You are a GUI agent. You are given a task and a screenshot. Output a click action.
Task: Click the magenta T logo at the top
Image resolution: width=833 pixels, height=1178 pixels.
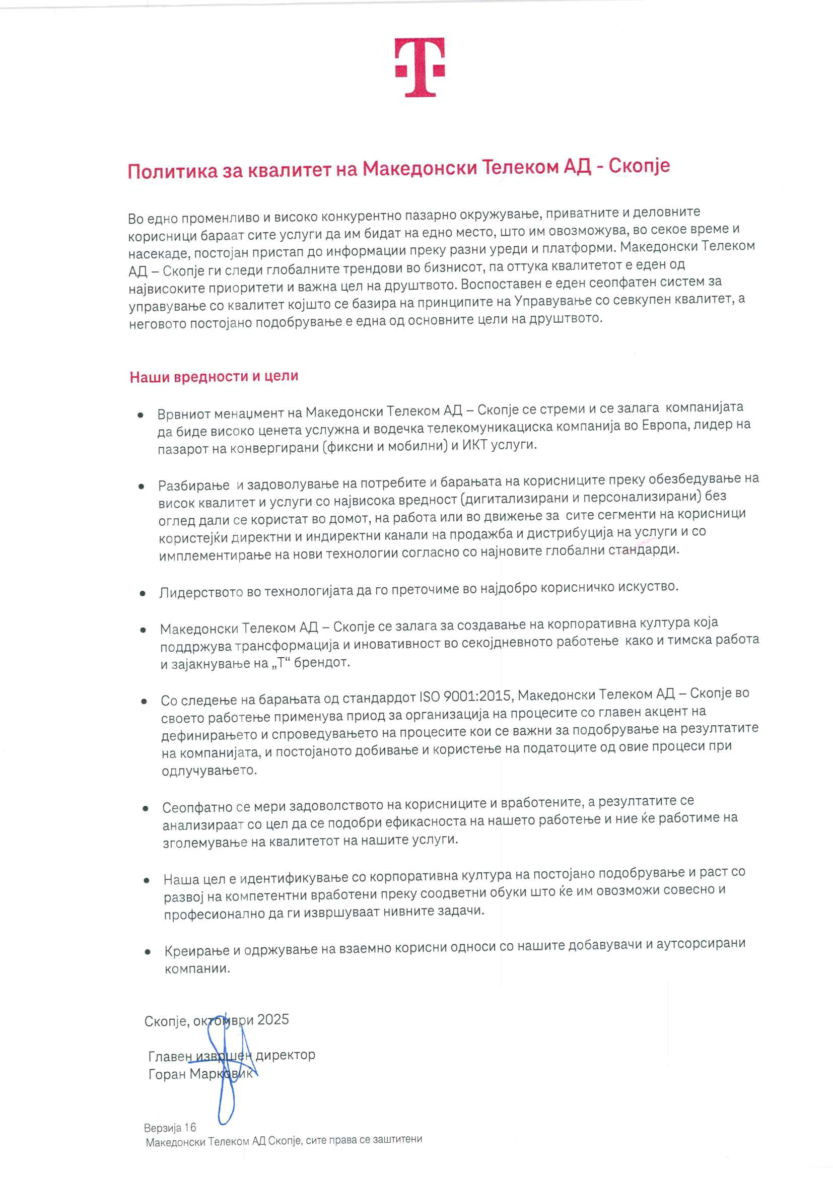419,66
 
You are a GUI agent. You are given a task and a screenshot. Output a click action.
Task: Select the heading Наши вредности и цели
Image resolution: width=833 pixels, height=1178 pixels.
214,377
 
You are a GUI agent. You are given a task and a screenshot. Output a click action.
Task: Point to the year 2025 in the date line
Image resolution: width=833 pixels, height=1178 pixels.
273,1019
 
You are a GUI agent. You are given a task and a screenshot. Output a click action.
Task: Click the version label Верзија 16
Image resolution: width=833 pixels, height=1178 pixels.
170,1127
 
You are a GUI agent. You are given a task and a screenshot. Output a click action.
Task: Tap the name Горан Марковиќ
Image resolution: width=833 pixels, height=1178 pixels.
200,1074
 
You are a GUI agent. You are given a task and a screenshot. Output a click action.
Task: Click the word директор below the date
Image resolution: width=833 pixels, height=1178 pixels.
285,1055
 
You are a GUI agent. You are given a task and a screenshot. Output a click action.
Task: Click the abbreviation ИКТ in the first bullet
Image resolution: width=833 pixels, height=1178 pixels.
475,445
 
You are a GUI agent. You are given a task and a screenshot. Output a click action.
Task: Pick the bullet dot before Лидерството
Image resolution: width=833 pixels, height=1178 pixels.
143,594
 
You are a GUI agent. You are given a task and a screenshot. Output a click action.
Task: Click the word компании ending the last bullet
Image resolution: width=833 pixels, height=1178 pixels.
197,968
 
